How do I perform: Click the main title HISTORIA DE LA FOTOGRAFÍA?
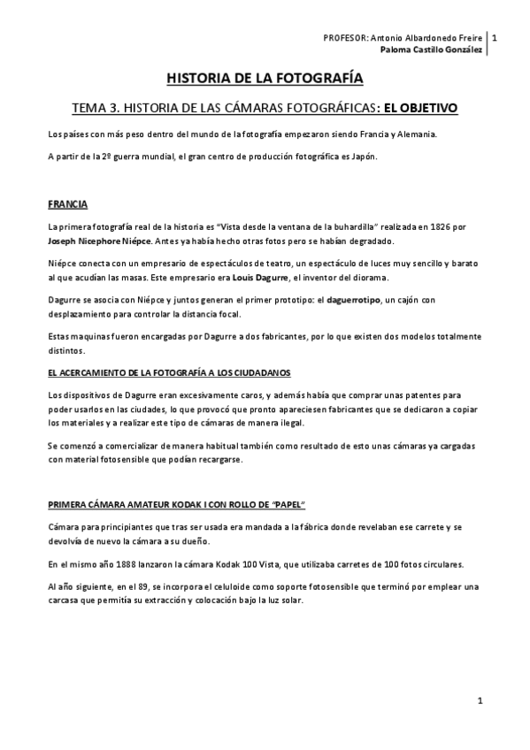point(265,79)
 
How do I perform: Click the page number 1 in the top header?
point(495,38)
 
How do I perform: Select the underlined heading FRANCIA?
point(67,203)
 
